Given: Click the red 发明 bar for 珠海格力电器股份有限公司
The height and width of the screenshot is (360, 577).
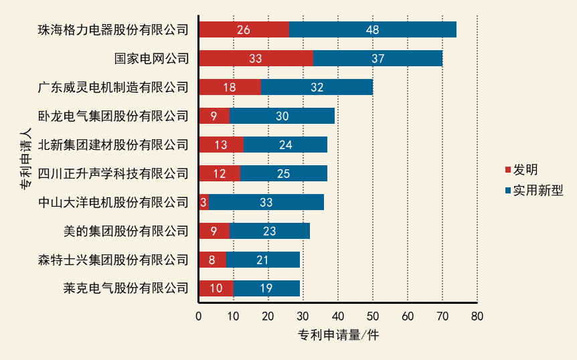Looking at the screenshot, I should tap(244, 29).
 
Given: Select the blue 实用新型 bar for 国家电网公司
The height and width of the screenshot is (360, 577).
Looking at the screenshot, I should tap(378, 58).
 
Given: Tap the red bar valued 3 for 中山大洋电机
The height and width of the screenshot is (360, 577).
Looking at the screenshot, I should tap(203, 202).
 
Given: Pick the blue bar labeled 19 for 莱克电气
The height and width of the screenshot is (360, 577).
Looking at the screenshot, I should tap(266, 288).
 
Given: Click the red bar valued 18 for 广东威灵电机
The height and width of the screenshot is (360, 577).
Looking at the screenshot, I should tap(230, 87).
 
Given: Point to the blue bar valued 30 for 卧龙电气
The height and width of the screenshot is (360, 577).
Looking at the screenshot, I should tap(282, 116).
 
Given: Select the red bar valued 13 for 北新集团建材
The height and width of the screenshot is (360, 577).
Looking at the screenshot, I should tap(221, 145).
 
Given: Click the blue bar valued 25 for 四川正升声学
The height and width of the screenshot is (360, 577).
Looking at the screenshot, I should tap(283, 173).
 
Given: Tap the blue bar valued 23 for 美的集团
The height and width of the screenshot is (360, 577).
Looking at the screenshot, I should tap(270, 231).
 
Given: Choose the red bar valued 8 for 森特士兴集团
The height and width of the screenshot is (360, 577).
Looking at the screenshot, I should tap(212, 260).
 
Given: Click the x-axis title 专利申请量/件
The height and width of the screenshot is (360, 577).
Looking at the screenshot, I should tap(338, 335).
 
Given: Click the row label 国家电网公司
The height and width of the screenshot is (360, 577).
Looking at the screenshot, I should tap(151, 58).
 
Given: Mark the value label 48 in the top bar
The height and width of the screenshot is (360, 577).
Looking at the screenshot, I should tap(373, 29).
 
